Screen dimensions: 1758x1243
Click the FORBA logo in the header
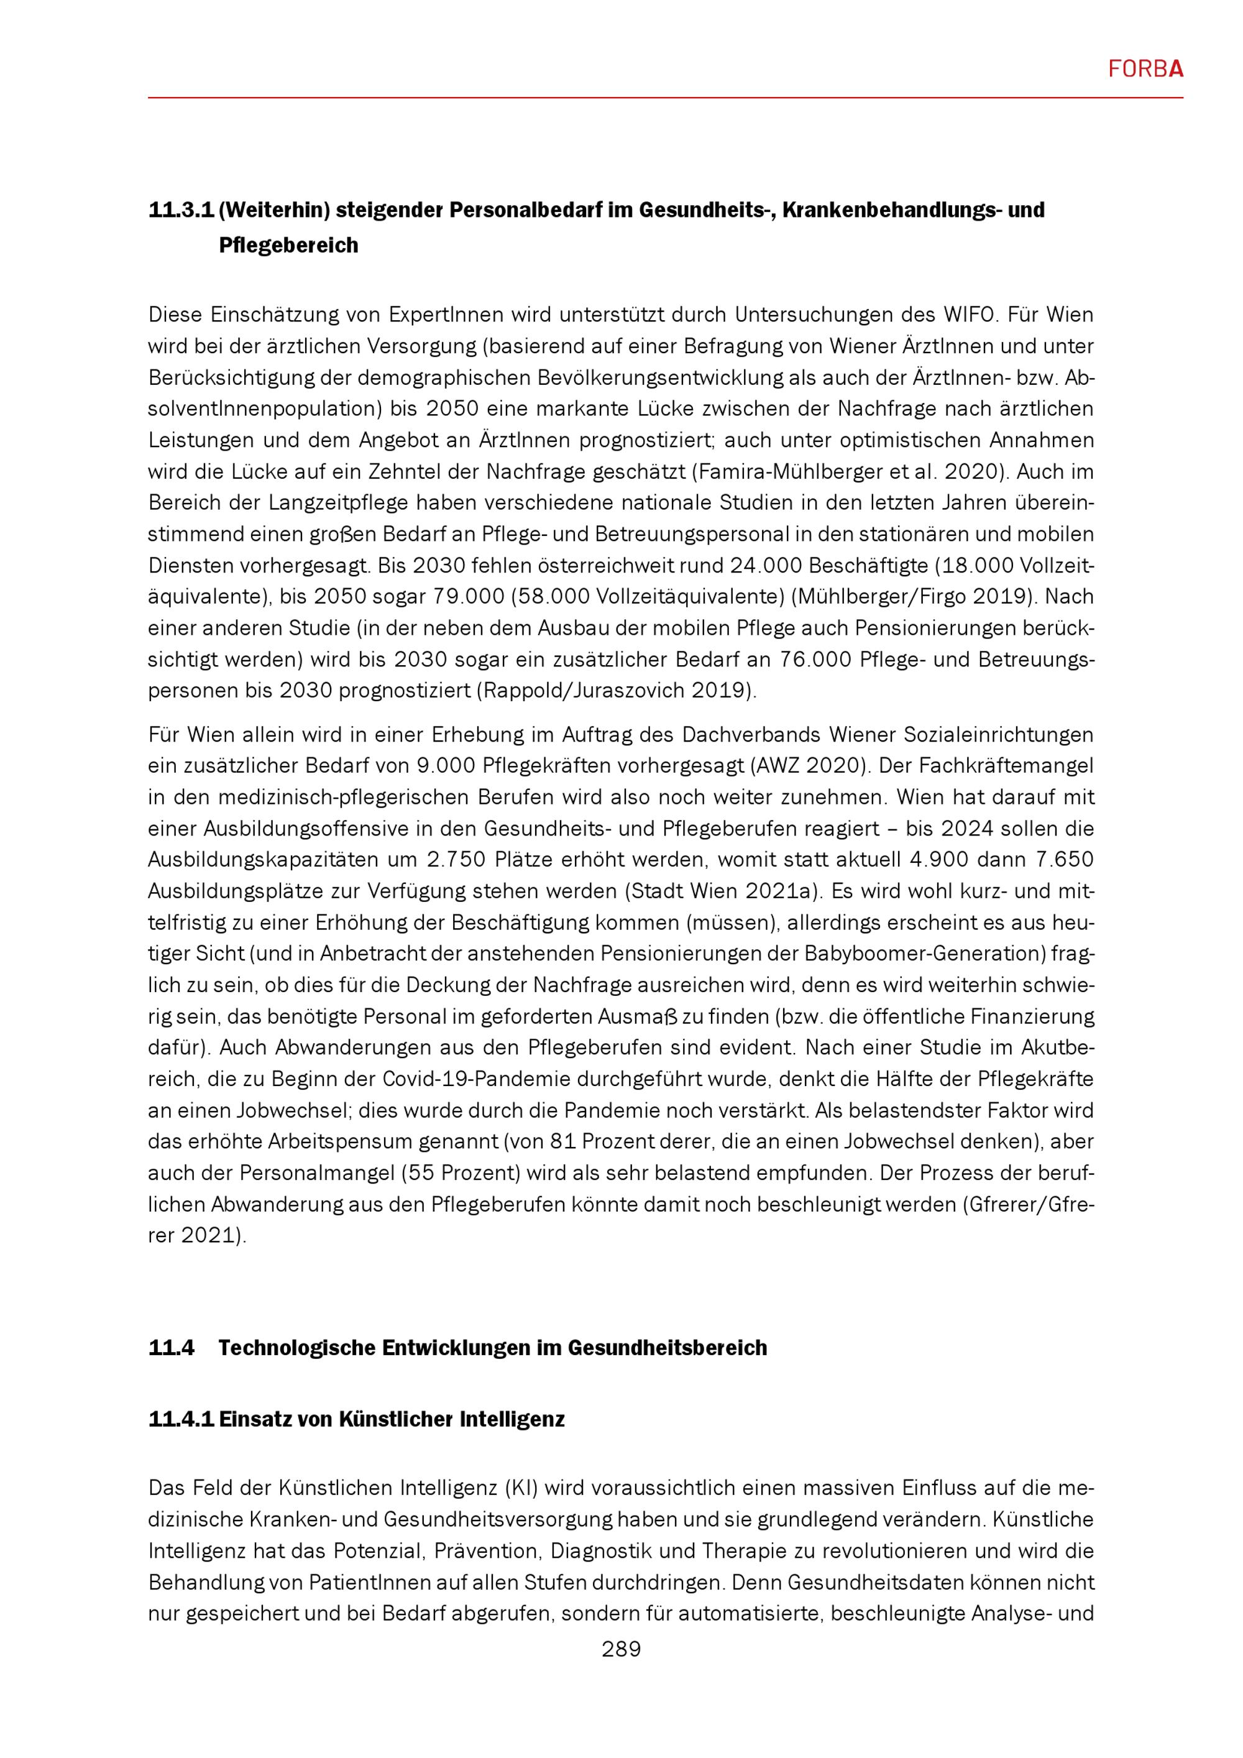1146,70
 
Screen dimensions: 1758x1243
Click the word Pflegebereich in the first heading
288,246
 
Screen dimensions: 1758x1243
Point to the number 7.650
1065,860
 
